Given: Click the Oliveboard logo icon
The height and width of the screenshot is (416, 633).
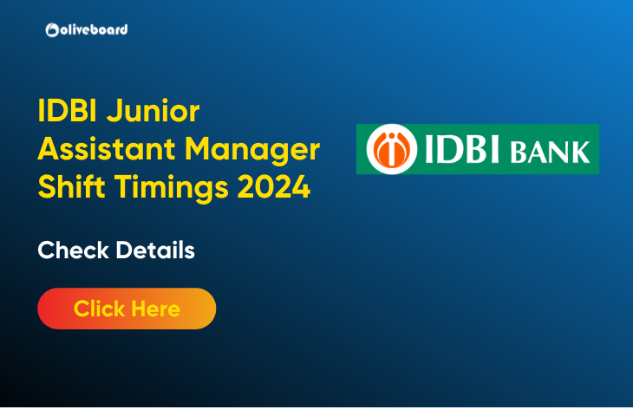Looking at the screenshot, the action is (52, 29).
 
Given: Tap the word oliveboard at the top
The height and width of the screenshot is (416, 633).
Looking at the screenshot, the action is (94, 29).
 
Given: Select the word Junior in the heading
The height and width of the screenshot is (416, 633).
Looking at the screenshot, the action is (153, 111).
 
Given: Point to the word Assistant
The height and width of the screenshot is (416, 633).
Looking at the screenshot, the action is (106, 148).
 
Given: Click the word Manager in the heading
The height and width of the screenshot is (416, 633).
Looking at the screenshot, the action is (252, 150).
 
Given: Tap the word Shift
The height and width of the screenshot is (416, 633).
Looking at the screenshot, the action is (71, 186).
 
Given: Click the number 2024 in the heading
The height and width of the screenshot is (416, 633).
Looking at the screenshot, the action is (274, 187).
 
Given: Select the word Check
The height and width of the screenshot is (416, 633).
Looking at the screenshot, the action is (74, 250).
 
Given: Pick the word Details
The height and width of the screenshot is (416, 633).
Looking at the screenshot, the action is (155, 250).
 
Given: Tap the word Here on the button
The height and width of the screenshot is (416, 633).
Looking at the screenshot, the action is (156, 309).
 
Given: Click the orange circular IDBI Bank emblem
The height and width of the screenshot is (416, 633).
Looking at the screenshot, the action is (391, 149).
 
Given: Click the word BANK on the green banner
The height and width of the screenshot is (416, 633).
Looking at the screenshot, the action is (550, 152).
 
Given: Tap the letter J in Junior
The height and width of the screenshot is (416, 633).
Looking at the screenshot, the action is (114, 111).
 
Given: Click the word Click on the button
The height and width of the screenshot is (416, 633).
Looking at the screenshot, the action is (100, 309).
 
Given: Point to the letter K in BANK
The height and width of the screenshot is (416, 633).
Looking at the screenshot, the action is (579, 152).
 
